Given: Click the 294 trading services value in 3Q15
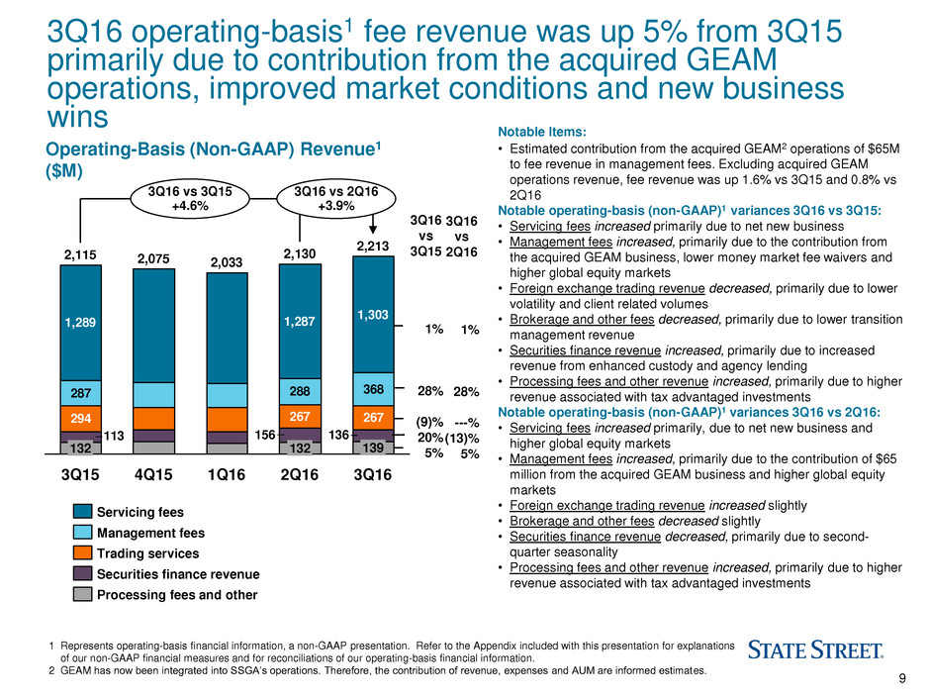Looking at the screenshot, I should tap(80, 419).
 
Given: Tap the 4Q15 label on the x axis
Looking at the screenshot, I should tap(152, 474).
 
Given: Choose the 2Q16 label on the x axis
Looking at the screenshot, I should tap(300, 474).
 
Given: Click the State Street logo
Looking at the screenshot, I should tap(815, 650).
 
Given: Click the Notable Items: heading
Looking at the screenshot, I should tap(547, 131).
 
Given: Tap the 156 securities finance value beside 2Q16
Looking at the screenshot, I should tap(264, 435).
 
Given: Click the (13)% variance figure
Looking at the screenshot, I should tap(462, 438).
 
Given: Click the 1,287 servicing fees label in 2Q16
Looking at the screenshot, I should tap(300, 322).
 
